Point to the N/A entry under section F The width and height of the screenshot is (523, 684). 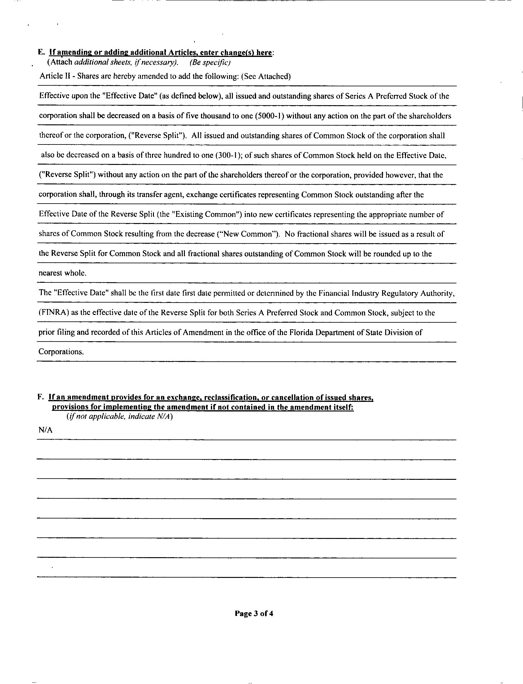(x=46, y=430)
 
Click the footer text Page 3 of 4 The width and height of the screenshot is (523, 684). (x=254, y=614)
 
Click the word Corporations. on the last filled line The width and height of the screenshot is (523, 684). (x=61, y=352)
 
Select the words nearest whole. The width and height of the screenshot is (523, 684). (x=62, y=273)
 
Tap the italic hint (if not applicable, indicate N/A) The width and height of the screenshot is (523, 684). (x=120, y=416)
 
